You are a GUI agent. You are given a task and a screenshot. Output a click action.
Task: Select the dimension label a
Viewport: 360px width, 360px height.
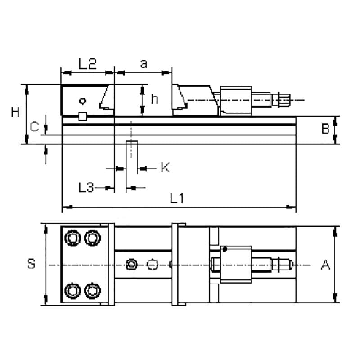point(144,64)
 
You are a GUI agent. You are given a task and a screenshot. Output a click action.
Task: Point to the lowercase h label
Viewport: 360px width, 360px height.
point(154,99)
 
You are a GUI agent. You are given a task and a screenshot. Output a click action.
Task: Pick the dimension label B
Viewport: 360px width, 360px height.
point(326,130)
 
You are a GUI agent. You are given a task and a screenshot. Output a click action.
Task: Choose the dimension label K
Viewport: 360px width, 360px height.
point(165,168)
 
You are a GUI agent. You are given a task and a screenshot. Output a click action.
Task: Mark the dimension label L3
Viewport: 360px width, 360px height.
point(85,187)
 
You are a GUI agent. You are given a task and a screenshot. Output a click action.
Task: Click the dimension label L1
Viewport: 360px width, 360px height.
point(177,198)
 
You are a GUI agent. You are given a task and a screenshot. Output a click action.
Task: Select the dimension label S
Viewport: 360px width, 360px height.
point(31,264)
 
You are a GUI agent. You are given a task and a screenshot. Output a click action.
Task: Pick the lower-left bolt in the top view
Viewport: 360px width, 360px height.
point(72,290)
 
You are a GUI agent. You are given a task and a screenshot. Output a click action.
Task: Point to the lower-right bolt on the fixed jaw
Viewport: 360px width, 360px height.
point(92,290)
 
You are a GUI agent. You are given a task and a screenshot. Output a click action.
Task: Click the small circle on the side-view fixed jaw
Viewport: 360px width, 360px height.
point(82,100)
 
